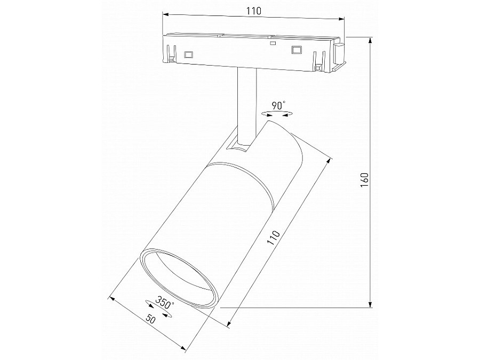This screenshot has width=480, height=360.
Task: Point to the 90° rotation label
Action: [x=278, y=105]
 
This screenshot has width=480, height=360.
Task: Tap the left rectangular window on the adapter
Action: [x=188, y=54]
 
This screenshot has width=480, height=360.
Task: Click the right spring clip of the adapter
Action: [x=319, y=60]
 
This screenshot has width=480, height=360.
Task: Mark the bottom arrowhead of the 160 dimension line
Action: [x=370, y=304]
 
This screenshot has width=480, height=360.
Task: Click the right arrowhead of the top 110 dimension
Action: [x=342, y=19]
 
